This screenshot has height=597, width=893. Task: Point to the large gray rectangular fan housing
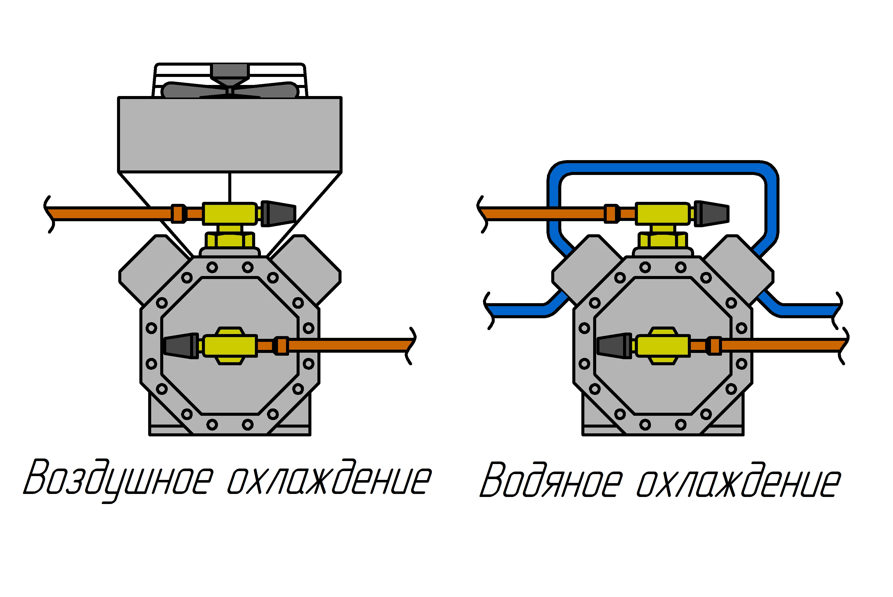230,134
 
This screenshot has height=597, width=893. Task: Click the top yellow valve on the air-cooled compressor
230,214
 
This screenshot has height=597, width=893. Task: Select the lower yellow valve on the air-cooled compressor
230,346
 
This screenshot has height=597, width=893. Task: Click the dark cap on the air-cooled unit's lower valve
181,346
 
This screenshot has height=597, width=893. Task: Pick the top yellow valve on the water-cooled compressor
662,214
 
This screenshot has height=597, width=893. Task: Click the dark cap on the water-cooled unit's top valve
712,214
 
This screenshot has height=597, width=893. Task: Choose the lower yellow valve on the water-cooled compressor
662,346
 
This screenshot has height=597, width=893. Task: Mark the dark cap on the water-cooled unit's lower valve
613,346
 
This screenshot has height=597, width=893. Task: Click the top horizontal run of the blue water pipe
662,167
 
